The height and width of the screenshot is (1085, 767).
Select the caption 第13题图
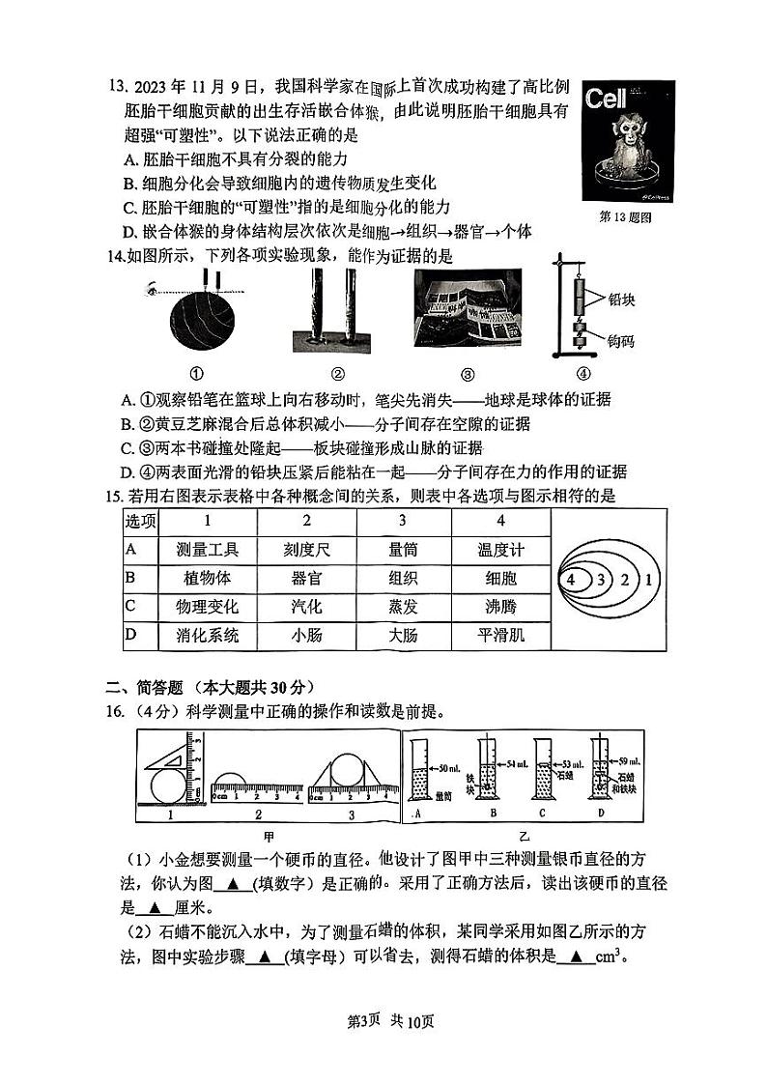pos(626,217)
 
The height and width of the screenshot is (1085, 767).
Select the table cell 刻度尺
pos(306,550)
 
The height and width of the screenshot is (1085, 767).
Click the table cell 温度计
pos(500,550)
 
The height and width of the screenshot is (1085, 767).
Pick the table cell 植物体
pos(207,579)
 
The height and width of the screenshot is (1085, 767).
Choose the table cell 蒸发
pos(403,608)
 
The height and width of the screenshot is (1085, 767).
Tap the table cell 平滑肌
pos(500,636)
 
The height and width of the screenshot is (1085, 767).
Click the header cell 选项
pos(140,521)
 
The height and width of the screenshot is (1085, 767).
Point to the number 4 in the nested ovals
pos(572,580)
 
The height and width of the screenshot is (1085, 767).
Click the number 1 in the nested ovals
pos(649,580)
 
